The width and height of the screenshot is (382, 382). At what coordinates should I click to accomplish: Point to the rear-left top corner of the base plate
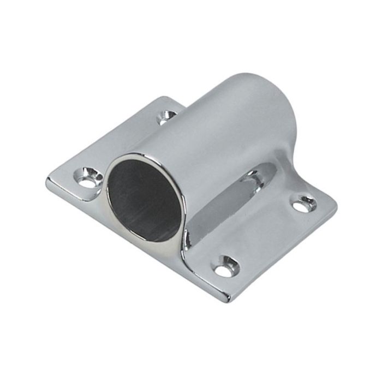click(x=164, y=98)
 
